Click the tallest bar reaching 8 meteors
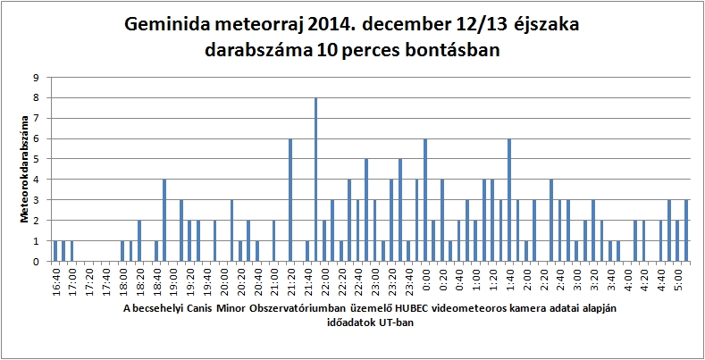(315, 180)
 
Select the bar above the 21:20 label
(290, 200)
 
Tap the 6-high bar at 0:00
(425, 200)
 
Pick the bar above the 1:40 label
(509, 200)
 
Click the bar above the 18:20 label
(139, 241)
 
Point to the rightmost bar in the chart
(685, 230)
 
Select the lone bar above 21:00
(273, 241)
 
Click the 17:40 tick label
(106, 282)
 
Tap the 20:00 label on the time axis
(223, 282)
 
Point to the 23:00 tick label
(374, 282)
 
